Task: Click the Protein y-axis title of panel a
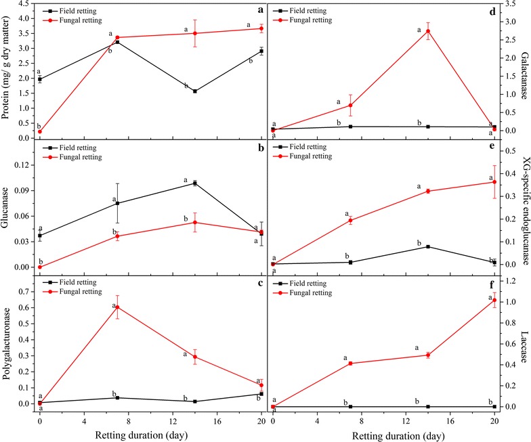pyautogui.click(x=7, y=70)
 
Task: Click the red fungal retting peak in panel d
pyautogui.click(x=428, y=31)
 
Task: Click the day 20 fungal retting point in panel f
pyautogui.click(x=494, y=319)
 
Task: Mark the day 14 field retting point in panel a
pyautogui.click(x=195, y=91)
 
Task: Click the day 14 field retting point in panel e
pyautogui.click(x=428, y=246)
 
